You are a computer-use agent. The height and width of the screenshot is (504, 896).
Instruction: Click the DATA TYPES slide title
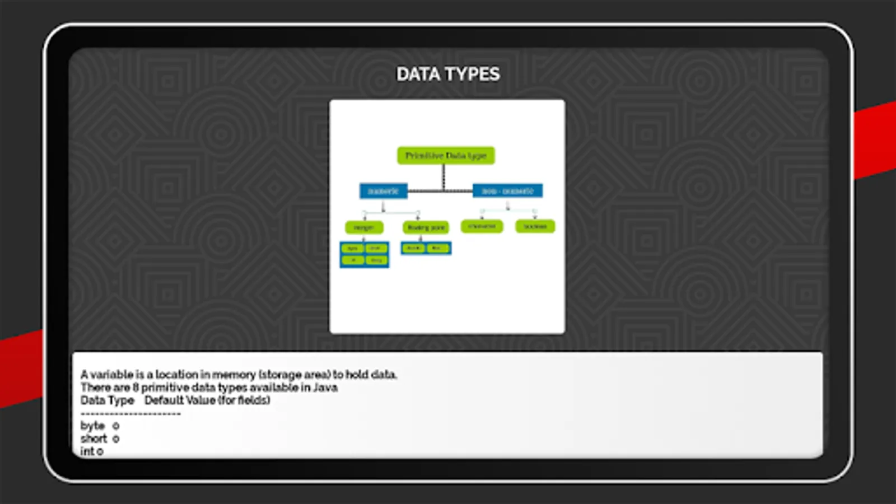(448, 74)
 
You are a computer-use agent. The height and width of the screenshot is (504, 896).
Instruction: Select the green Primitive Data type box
(446, 156)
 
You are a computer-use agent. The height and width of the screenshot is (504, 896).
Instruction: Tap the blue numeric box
(383, 191)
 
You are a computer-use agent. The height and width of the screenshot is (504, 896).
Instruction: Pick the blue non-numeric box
(507, 191)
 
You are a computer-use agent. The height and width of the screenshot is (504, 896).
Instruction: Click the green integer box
(364, 227)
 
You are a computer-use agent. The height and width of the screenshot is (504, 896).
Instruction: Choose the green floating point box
(426, 227)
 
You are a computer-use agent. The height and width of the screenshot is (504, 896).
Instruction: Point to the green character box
(482, 226)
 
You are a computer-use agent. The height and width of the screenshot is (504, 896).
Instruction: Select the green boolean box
(535, 226)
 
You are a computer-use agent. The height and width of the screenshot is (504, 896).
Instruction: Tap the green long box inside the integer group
(376, 260)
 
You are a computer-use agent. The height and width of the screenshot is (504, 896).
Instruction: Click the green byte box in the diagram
(353, 248)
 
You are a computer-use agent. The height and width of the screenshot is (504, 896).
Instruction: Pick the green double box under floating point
(414, 248)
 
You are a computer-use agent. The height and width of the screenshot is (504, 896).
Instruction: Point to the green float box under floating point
(437, 248)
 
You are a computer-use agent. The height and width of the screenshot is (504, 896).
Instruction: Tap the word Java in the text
(325, 388)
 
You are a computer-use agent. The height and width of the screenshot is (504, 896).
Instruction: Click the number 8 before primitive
(136, 388)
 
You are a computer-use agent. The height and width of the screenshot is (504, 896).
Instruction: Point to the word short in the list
(94, 438)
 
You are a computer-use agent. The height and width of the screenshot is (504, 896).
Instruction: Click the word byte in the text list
(92, 426)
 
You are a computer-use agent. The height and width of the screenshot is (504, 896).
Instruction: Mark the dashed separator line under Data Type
(130, 414)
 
